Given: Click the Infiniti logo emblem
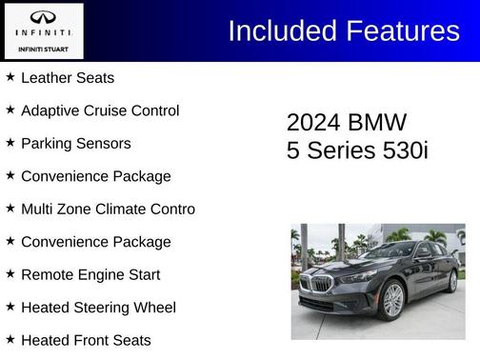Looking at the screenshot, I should pyautogui.click(x=43, y=16).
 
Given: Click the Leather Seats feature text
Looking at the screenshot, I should pyautogui.click(x=67, y=77).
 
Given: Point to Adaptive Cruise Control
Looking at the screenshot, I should pyautogui.click(x=100, y=110).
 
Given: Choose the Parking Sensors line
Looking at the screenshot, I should pyautogui.click(x=75, y=143).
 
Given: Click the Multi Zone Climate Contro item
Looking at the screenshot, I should pyautogui.click(x=108, y=209).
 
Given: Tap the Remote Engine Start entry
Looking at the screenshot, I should pyautogui.click(x=90, y=274).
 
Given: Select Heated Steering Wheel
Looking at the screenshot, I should pyautogui.click(x=97, y=307).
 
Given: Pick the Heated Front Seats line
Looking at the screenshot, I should pyautogui.click(x=86, y=339).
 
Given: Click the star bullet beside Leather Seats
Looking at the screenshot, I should pyautogui.click(x=10, y=76).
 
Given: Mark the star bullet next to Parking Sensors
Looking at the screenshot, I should pyautogui.click(x=10, y=142).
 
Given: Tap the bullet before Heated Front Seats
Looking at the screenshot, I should pyautogui.click(x=10, y=338).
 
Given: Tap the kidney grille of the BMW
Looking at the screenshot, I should pyautogui.click(x=322, y=284).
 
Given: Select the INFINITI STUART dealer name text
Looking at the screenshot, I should pyautogui.click(x=43, y=48).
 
